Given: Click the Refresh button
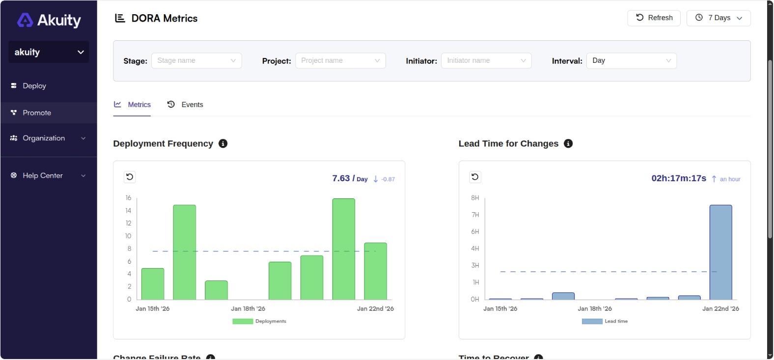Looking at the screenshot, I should click(x=654, y=18).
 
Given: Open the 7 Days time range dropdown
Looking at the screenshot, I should click(x=718, y=18).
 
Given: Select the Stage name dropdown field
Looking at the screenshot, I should click(x=196, y=60).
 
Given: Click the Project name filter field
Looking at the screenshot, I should click(x=340, y=60).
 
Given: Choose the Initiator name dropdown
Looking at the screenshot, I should click(x=486, y=60).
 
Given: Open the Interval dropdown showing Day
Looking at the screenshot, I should click(x=631, y=60).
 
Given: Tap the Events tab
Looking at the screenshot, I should click(x=185, y=105).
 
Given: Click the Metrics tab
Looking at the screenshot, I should click(x=132, y=105).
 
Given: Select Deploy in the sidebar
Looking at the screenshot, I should click(x=34, y=85).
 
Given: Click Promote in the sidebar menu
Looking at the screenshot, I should click(x=37, y=112).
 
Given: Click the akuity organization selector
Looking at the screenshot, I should click(x=49, y=52).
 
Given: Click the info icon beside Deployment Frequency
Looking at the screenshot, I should click(x=223, y=143).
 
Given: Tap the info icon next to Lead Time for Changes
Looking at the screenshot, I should click(x=568, y=143).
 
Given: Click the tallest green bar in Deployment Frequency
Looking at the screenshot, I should click(x=343, y=249).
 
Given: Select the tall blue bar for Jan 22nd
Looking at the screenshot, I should click(x=720, y=252).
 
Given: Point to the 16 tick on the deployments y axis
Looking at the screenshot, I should click(x=128, y=198).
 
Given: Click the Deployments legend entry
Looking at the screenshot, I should click(x=259, y=321).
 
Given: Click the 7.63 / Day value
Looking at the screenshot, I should click(x=349, y=178).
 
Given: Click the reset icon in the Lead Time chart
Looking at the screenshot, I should click(x=475, y=177).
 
